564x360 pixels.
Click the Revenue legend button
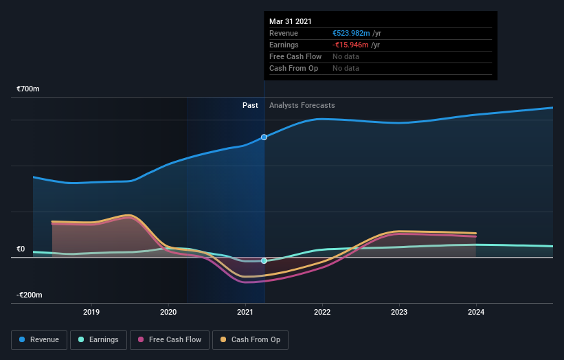(40, 339)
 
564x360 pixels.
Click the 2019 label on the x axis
(91, 312)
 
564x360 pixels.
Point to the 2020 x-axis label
(168, 312)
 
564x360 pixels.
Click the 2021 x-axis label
(245, 312)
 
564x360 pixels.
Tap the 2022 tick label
(322, 312)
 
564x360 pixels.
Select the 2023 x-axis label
(399, 312)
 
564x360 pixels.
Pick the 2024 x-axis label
(476, 312)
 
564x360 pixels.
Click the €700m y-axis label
(28, 89)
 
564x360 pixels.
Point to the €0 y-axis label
(21, 249)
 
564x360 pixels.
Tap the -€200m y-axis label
(30, 295)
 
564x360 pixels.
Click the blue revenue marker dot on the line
(264, 137)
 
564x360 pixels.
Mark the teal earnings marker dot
(264, 261)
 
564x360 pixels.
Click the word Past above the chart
(250, 105)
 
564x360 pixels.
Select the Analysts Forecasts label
(302, 105)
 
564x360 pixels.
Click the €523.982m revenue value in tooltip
(351, 33)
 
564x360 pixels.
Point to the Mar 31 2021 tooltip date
(291, 21)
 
